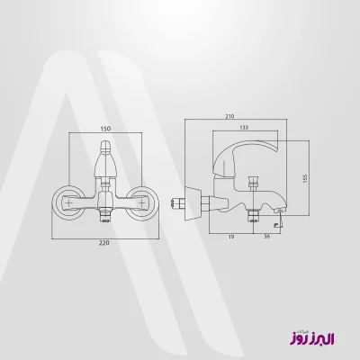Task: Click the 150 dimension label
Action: (x=105, y=129)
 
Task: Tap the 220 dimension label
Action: (x=104, y=243)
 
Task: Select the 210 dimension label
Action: (x=229, y=116)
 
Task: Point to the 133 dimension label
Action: (x=244, y=128)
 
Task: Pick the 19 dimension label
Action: (x=231, y=237)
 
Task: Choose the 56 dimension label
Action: (x=267, y=237)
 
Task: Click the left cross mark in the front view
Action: (x=69, y=202)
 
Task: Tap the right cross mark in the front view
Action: (x=140, y=202)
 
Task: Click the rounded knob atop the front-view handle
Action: (x=105, y=147)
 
